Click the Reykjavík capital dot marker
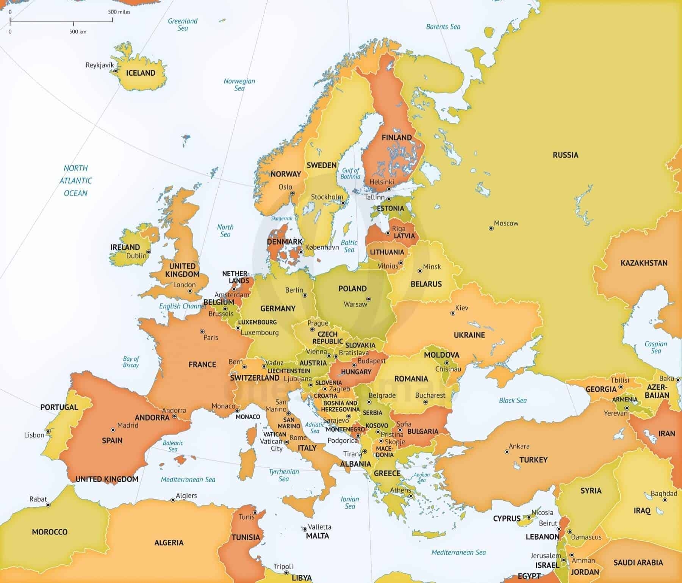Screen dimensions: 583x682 point(115,71)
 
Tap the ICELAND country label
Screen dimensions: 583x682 point(141,73)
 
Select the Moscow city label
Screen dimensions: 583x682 point(506,223)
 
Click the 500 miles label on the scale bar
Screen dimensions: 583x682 point(119,12)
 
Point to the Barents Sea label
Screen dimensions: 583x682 point(443,27)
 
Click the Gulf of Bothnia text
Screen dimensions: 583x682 point(350,173)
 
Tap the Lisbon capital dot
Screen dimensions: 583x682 point(48,431)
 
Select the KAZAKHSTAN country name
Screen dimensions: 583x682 point(644,263)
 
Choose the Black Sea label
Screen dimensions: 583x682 point(513,400)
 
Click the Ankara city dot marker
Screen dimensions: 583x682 point(507,452)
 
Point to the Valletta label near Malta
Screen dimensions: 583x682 point(319,527)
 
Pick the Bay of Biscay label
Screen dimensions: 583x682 point(131,362)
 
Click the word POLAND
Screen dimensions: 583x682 point(352,288)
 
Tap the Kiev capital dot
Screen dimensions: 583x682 point(452,313)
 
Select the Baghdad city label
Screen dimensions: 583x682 point(664,494)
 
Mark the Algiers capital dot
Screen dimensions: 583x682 point(173,500)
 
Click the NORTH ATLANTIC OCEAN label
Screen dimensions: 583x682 point(76,180)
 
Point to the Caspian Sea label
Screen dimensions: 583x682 point(655,347)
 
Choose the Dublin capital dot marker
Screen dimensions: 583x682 point(149,252)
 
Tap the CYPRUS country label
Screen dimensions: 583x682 point(507,518)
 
